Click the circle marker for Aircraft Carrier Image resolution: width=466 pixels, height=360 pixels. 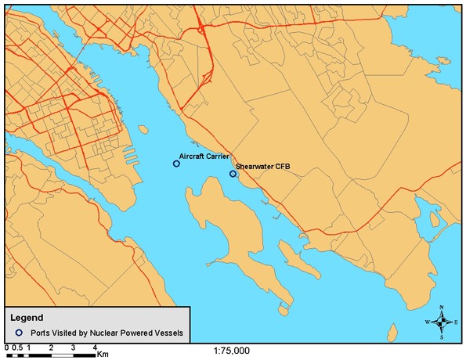176,164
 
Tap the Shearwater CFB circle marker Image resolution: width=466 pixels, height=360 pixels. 233,174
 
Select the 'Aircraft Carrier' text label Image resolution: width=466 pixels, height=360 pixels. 204,157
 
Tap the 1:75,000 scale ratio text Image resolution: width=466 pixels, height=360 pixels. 232,351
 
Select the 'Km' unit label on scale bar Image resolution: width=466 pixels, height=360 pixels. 103,354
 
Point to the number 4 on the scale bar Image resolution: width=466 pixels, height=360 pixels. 95,346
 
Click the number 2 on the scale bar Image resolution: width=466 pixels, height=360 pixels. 51,346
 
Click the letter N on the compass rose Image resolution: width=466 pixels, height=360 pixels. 443,308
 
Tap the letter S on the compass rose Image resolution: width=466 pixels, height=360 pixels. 443,337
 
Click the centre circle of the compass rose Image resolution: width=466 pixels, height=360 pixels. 443,322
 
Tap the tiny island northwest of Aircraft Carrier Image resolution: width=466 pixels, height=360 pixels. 142,128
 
